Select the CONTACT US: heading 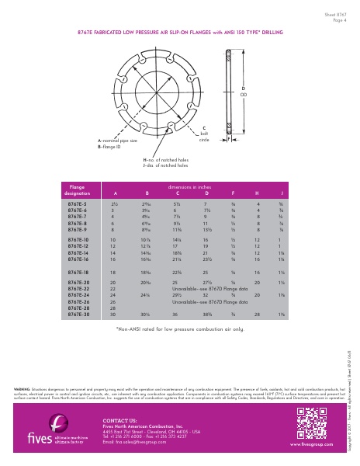[x=119, y=420]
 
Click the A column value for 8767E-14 [x=113, y=253]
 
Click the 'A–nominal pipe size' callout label [x=117, y=141]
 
